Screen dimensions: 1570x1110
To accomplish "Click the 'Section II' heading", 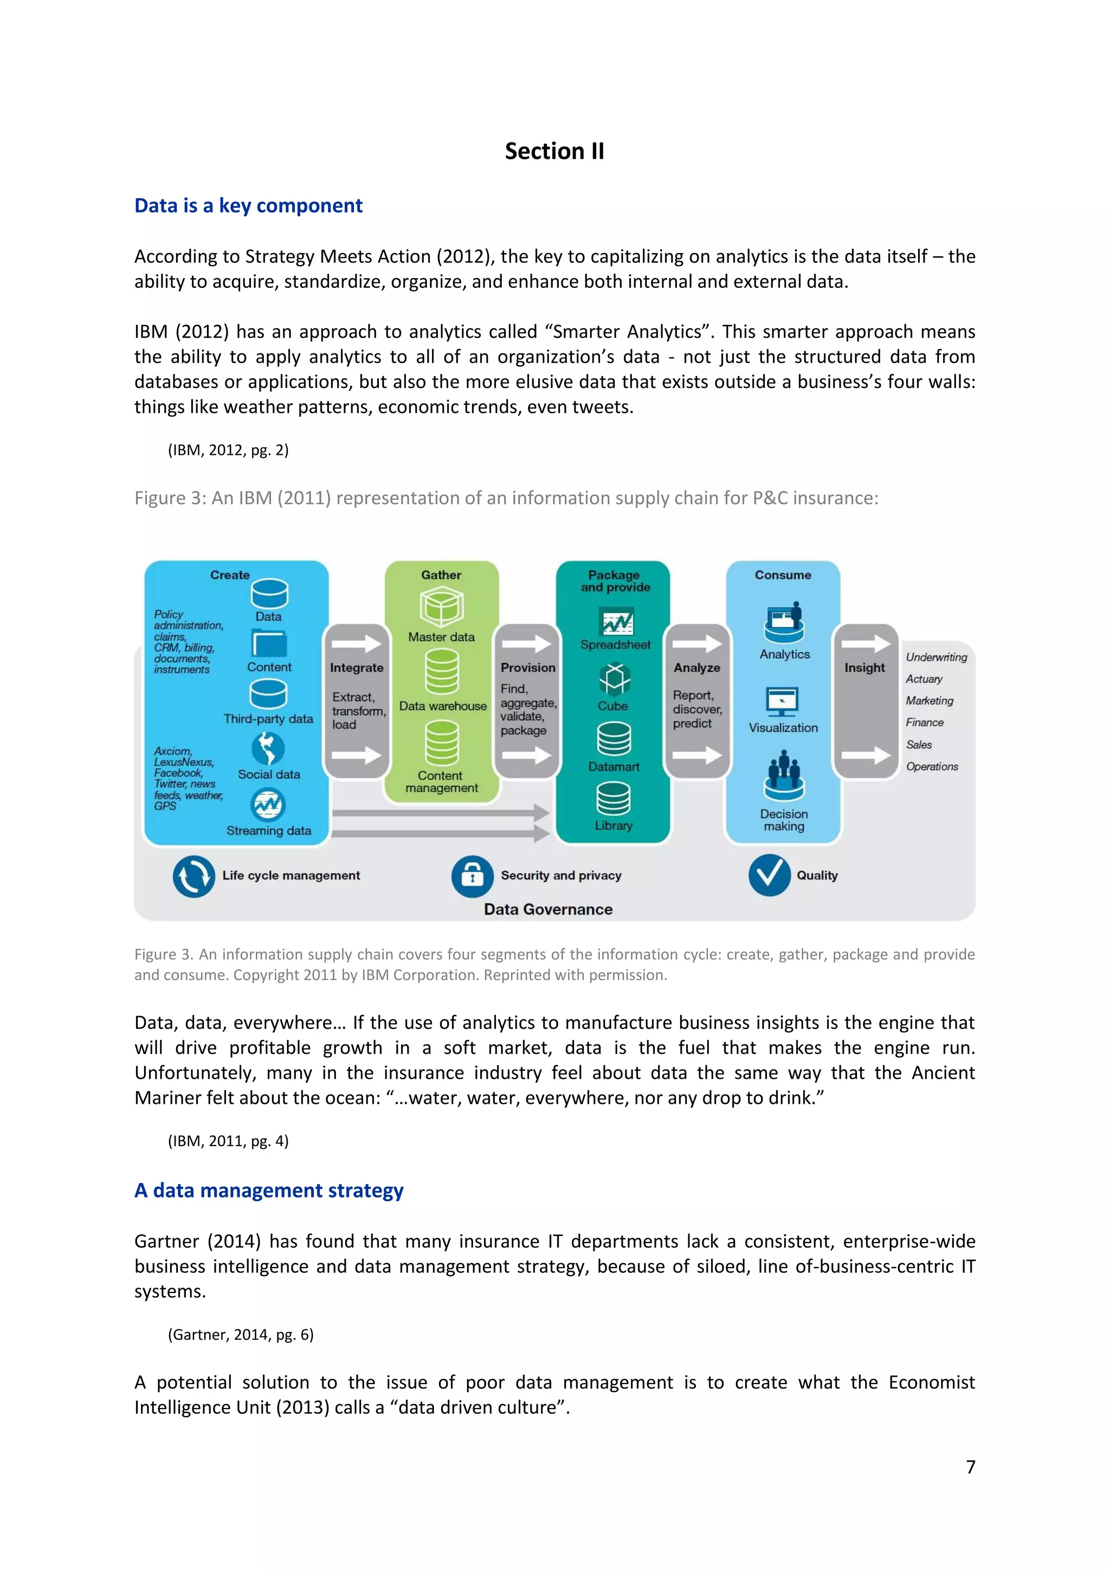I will [x=554, y=151].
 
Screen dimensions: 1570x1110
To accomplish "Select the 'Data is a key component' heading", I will [x=248, y=206].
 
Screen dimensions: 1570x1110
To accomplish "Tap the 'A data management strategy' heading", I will [x=269, y=1191].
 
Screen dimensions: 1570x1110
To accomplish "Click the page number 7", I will [x=971, y=1467].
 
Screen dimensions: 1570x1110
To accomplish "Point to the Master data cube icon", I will [x=442, y=607].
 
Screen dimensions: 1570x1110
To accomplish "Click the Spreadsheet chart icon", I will [x=616, y=622].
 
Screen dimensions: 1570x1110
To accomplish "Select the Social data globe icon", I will [x=268, y=749].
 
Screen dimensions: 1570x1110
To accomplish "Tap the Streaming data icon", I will [x=268, y=805].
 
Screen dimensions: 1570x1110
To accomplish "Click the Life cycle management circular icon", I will [x=193, y=876].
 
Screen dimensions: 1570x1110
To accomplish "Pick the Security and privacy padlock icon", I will [x=472, y=876].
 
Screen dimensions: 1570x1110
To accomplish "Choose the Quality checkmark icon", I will [x=770, y=874].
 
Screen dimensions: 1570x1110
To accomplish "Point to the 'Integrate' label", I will [x=356, y=668].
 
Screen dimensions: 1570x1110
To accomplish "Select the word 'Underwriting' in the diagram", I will [x=937, y=657].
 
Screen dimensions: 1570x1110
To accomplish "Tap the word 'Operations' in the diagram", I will [x=932, y=767].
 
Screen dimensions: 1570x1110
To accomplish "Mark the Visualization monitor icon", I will [x=783, y=701].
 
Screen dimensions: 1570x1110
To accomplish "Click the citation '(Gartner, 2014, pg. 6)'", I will [x=241, y=1335].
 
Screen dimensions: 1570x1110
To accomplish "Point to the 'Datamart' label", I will [x=614, y=767].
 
